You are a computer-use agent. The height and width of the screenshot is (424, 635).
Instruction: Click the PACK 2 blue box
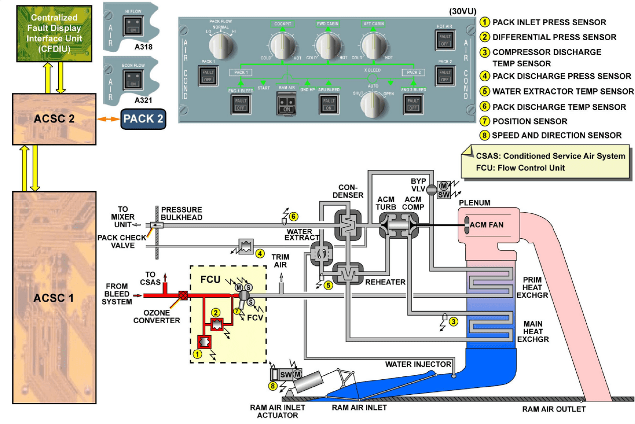(x=143, y=119)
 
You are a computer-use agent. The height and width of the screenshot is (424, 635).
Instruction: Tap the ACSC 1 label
(x=53, y=298)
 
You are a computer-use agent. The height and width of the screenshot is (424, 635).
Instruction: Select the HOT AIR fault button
(x=444, y=40)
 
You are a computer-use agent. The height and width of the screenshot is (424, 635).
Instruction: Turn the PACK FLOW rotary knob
(x=221, y=46)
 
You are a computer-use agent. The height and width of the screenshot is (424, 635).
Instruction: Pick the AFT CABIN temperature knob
(x=372, y=47)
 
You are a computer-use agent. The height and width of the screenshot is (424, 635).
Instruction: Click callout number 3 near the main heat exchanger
(x=453, y=322)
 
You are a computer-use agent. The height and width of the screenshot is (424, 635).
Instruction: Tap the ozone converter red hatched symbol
(x=183, y=296)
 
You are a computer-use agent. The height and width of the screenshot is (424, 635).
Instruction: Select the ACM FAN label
(x=490, y=224)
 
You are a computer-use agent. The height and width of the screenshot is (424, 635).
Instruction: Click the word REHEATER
(x=386, y=282)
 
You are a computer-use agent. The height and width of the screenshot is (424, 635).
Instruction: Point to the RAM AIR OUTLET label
(x=554, y=409)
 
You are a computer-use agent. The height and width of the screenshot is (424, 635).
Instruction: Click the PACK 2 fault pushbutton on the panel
(x=444, y=76)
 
